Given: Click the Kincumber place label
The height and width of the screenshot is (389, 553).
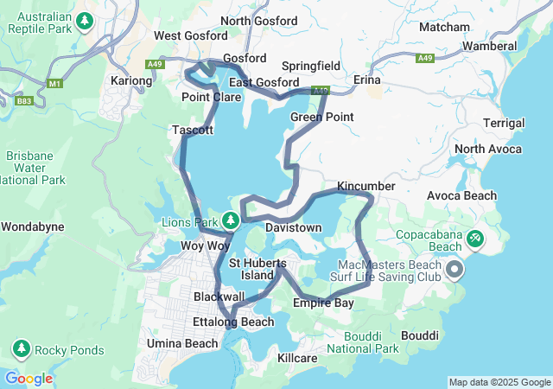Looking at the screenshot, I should click(365, 186).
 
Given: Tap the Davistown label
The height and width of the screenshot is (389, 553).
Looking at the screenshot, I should click(294, 227).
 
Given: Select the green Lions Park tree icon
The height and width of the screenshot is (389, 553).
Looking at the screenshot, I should click(231, 220).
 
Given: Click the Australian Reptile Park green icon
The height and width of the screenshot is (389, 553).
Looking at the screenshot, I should click(85, 20).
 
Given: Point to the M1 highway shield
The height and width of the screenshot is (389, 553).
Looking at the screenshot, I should click(57, 84).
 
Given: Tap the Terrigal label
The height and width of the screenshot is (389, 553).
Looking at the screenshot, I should click(502, 124).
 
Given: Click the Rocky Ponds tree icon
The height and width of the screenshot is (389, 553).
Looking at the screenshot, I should click(20, 349).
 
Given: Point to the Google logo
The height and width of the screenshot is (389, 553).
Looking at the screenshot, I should click(29, 378).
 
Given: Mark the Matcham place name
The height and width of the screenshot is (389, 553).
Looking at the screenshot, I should click(444, 28).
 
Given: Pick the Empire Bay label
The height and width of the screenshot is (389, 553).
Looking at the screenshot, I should click(322, 303).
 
